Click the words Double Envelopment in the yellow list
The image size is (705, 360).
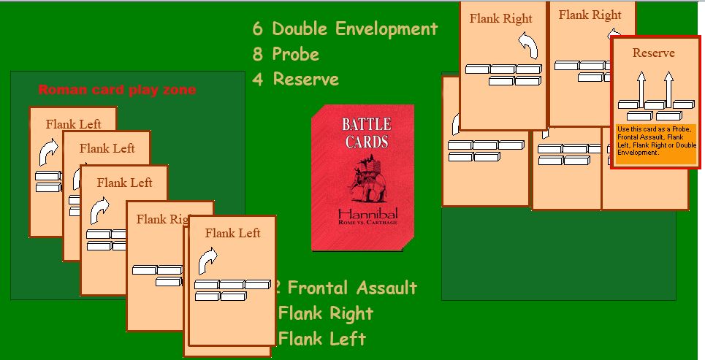[x=354, y=29]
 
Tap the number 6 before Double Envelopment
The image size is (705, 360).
[x=257, y=29]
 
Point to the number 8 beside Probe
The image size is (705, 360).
[x=257, y=54]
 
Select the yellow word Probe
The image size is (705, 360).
[x=295, y=54]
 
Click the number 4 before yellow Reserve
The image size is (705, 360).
[x=257, y=79]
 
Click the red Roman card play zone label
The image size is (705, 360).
[x=117, y=90]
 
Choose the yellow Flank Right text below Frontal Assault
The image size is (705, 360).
[x=326, y=313]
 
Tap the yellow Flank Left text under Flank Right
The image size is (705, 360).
[x=322, y=339]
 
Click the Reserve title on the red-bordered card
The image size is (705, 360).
[x=654, y=53]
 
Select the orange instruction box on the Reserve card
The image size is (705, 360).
[x=654, y=141]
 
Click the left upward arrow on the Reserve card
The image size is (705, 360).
[x=641, y=88]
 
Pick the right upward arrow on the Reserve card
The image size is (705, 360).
[x=668, y=88]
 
